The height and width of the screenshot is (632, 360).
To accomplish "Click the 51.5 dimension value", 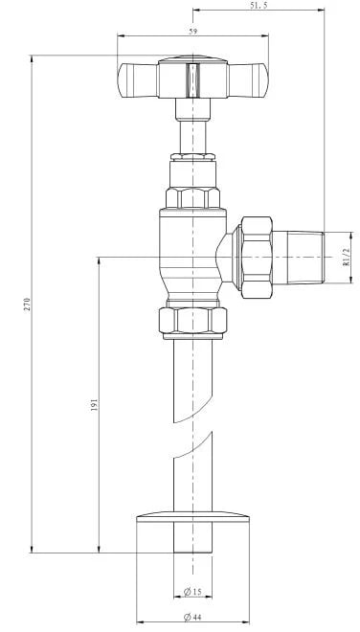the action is coord(259,5).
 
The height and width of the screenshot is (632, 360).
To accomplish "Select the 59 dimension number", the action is coord(193,32).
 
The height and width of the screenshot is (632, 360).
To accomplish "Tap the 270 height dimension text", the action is coord(27,304).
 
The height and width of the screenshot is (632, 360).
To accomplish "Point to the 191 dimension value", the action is coord(95,405).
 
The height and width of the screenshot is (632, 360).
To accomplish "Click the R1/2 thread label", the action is coord(346,258).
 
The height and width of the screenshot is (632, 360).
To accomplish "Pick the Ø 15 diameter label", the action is coord(192,592).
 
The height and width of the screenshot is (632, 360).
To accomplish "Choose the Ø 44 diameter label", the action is coord(192,617).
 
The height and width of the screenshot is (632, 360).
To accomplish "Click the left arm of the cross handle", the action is coord(138,80).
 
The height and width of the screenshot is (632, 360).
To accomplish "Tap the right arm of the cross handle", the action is coord(248,80).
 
